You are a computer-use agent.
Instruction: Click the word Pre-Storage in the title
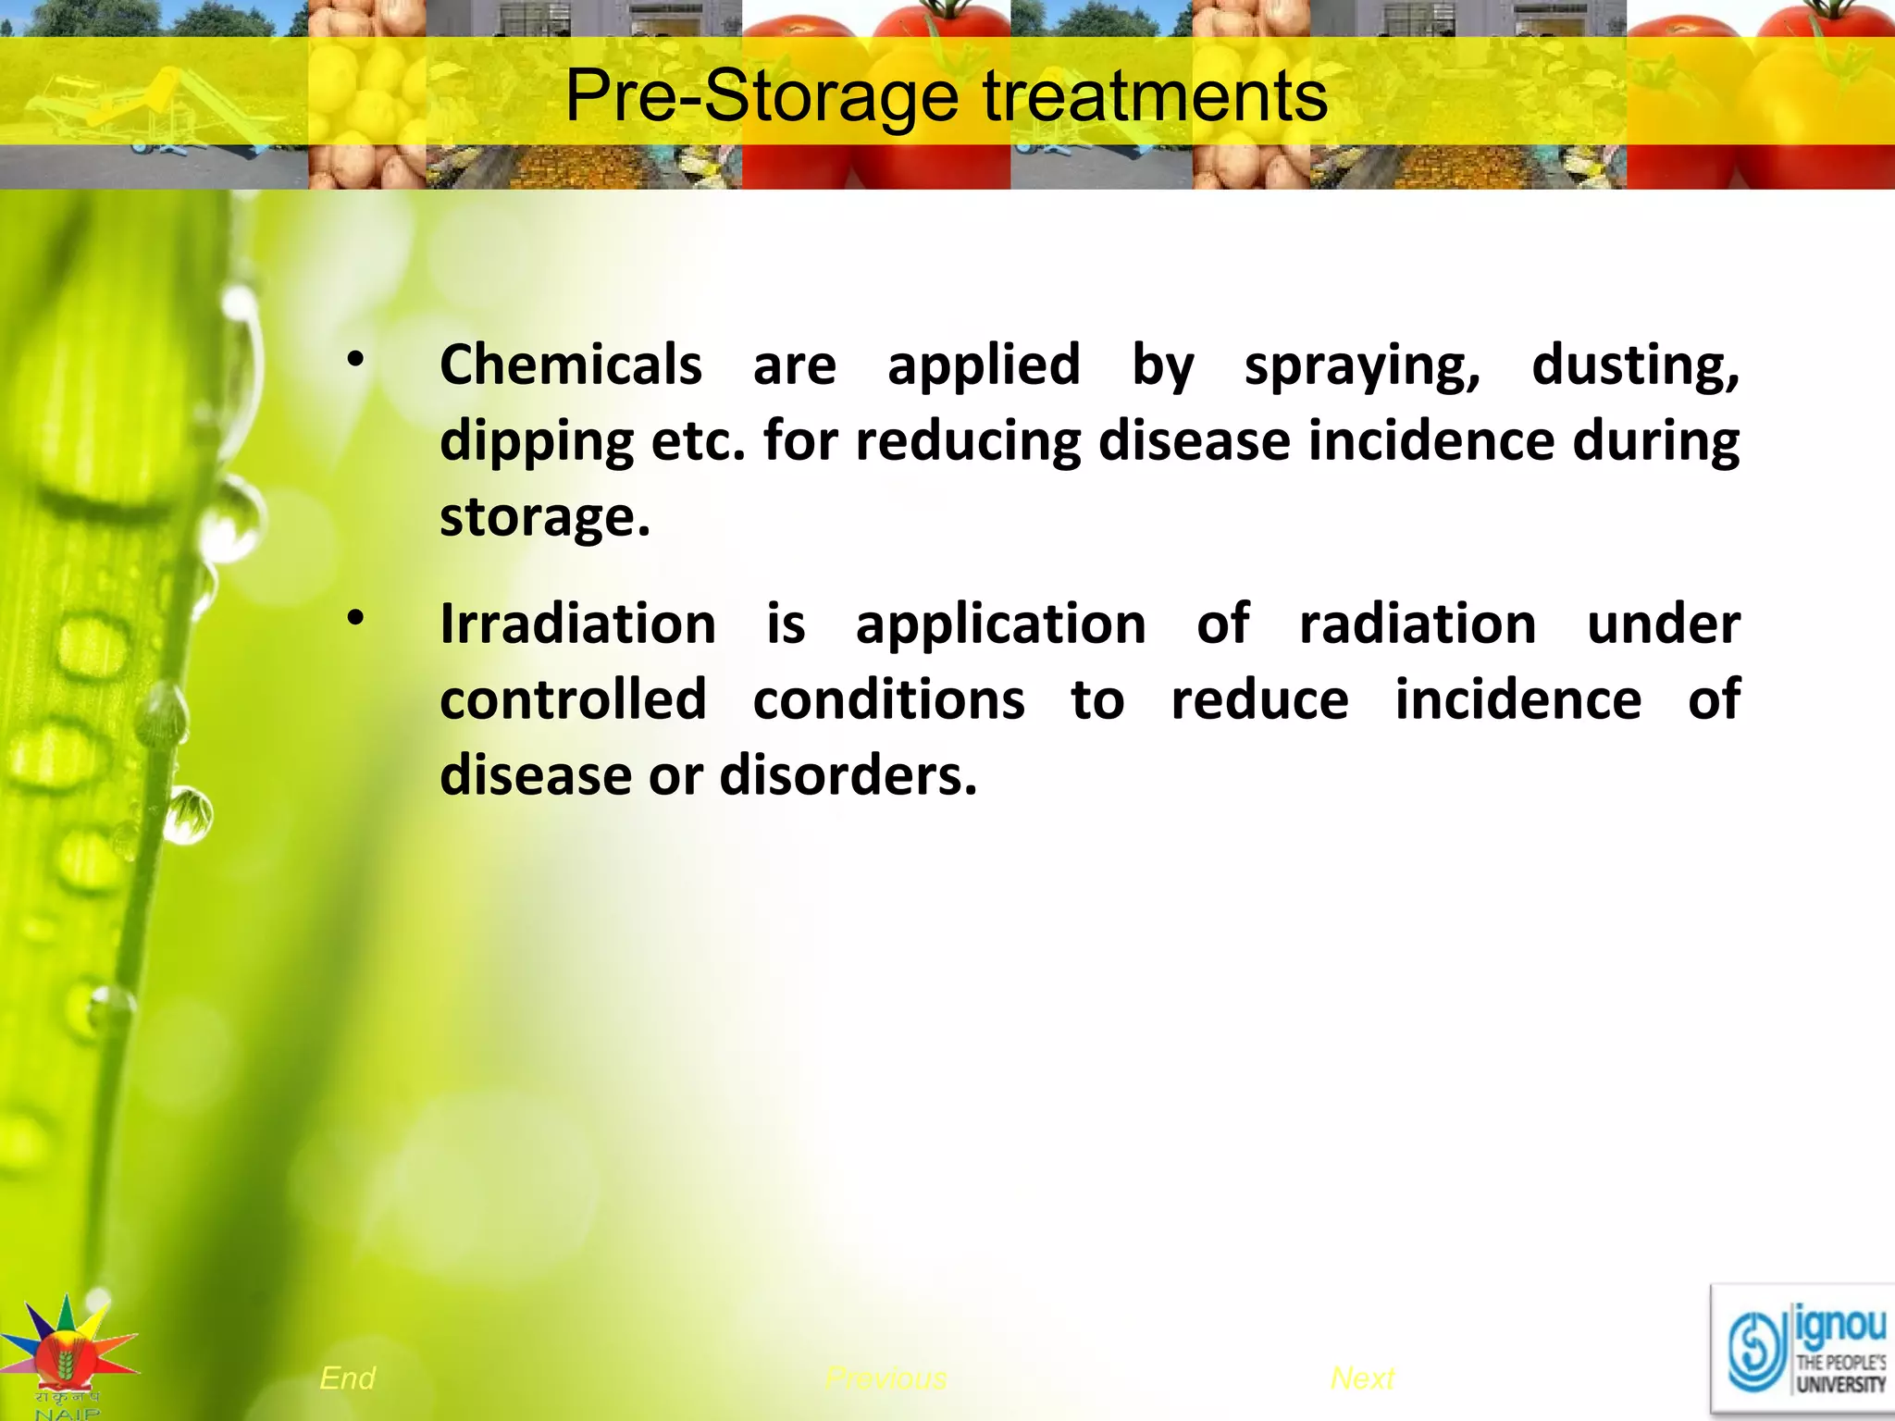pos(762,96)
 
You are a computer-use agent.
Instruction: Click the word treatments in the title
pos(1155,96)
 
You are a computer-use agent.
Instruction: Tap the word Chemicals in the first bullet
pos(570,365)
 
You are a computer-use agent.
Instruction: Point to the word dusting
pos(1635,365)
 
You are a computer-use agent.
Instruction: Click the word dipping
pos(536,442)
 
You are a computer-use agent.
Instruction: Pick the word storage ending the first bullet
pos(544,517)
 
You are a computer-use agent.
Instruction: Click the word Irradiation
pos(577,624)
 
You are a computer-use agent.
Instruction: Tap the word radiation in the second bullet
pos(1418,624)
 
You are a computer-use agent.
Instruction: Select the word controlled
pos(573,699)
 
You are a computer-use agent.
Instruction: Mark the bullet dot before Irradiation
pos(355,620)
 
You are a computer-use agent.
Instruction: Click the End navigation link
pos(347,1378)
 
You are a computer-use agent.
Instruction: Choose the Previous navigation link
pos(886,1378)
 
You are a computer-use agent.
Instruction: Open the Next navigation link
pos(1362,1378)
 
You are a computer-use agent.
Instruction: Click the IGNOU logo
pos(1802,1351)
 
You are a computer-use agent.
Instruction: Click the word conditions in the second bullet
pos(888,699)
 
